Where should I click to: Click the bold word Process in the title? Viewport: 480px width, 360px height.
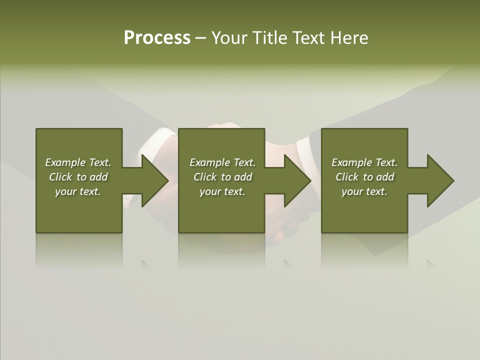click(x=157, y=38)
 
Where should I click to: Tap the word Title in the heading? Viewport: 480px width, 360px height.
click(x=270, y=38)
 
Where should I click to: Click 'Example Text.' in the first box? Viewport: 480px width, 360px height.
click(x=78, y=162)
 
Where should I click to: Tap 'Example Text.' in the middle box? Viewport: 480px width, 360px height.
click(x=222, y=162)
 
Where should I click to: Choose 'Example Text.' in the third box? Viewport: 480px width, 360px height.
click(x=364, y=162)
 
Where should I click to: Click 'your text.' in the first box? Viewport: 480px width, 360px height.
click(x=78, y=191)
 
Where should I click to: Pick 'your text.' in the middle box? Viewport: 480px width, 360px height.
click(x=222, y=191)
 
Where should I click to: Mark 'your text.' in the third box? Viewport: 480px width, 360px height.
click(x=364, y=191)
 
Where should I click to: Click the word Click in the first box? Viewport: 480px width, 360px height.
click(x=60, y=177)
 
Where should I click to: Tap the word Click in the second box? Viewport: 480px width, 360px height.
click(x=205, y=177)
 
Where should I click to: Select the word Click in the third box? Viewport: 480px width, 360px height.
click(x=347, y=177)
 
